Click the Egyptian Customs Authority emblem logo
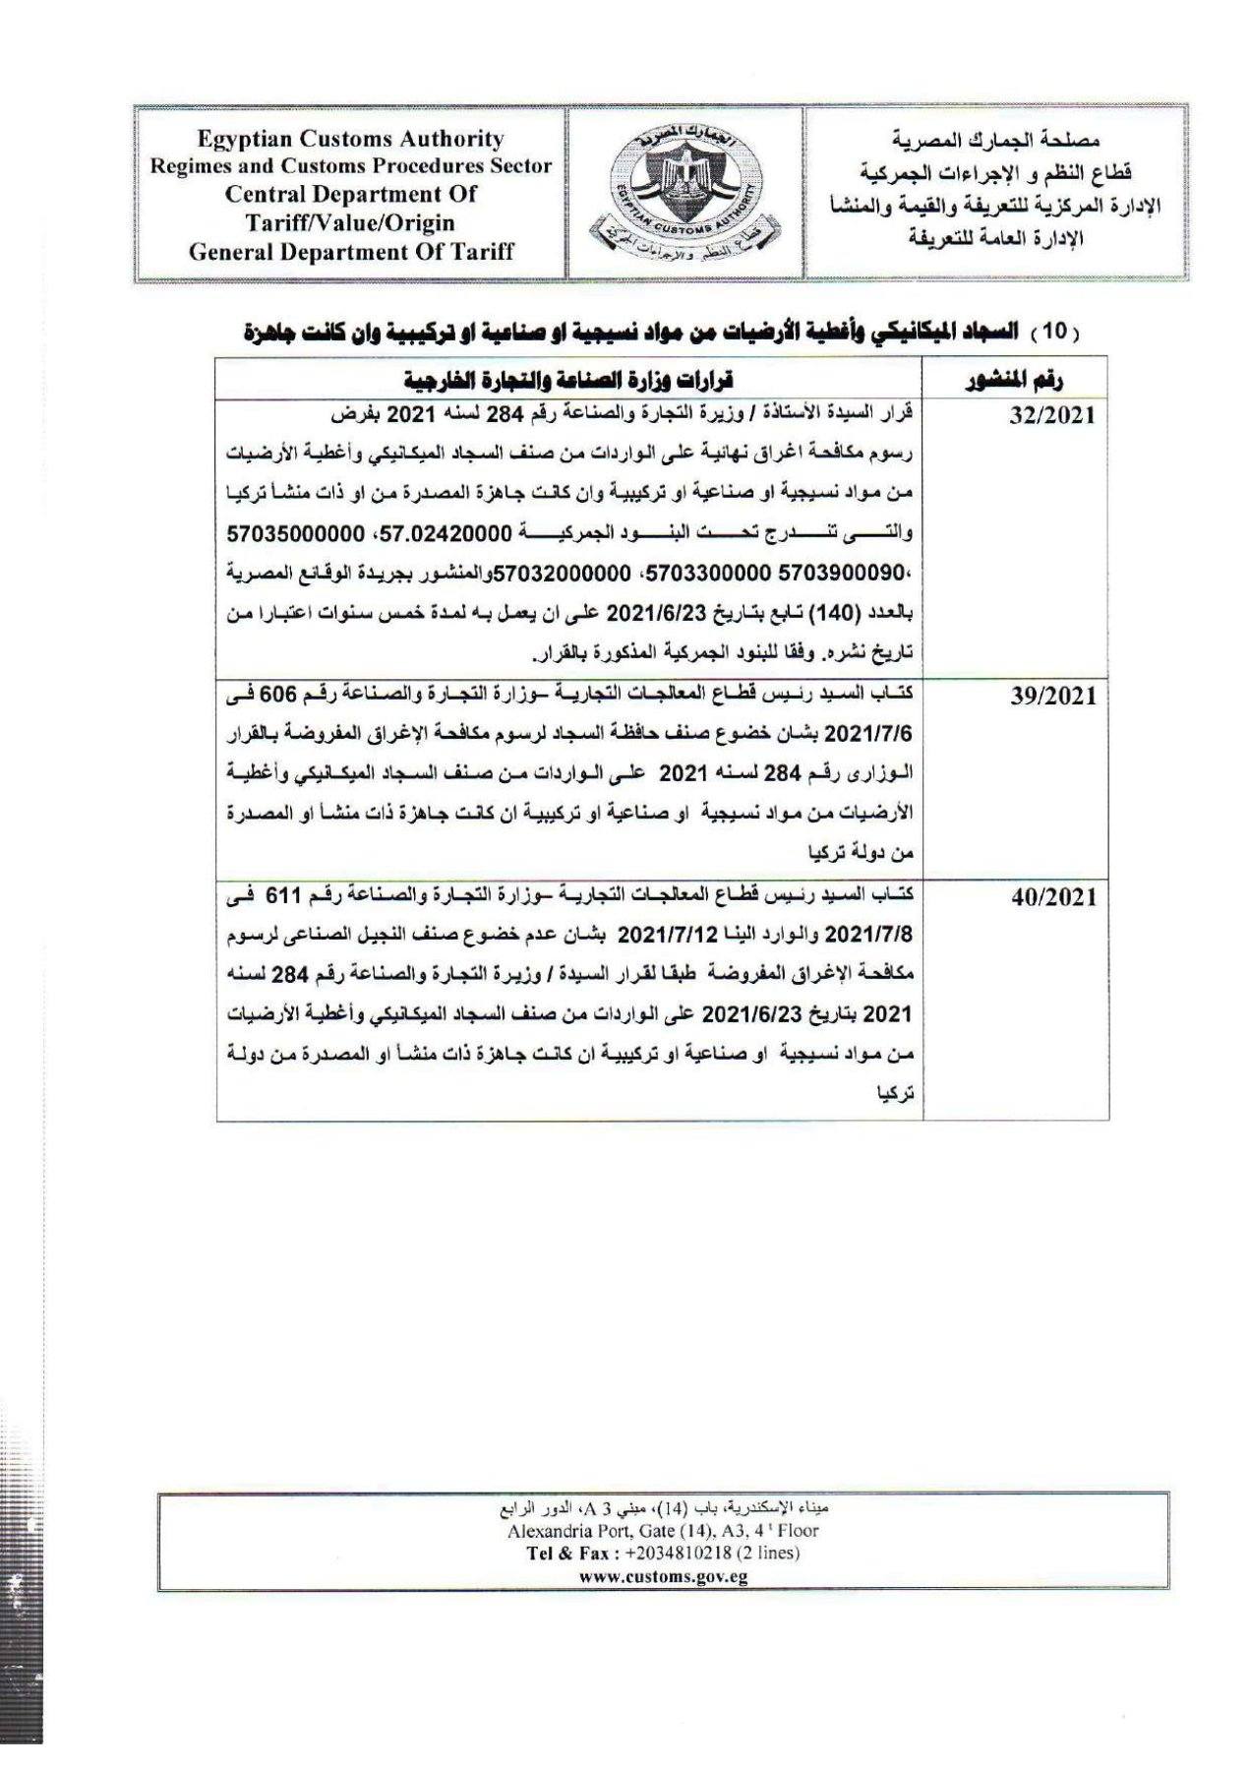pyautogui.click(x=684, y=192)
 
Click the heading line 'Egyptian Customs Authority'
pyautogui.click(x=350, y=140)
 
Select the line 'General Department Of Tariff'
pyautogui.click(x=350, y=251)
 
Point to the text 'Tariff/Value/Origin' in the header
pyautogui.click(x=350, y=222)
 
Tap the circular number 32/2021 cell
pyautogui.click(x=1051, y=415)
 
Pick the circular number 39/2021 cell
pyautogui.click(x=1051, y=697)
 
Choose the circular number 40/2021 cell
pyautogui.click(x=1051, y=897)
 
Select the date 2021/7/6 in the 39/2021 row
pyautogui.click(x=865, y=734)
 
